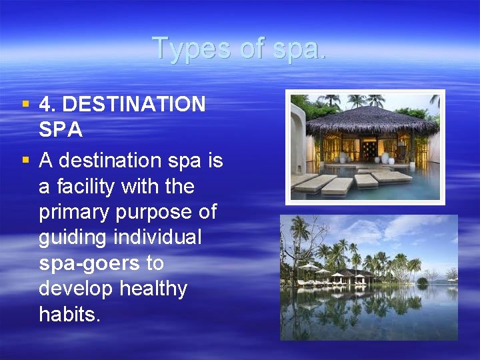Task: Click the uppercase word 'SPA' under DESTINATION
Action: (x=61, y=130)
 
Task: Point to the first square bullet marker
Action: (x=25, y=103)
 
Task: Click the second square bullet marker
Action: (x=25, y=160)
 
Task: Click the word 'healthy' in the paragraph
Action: (x=154, y=289)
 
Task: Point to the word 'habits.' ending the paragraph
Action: (x=70, y=315)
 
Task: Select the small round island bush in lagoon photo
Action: (x=422, y=281)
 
